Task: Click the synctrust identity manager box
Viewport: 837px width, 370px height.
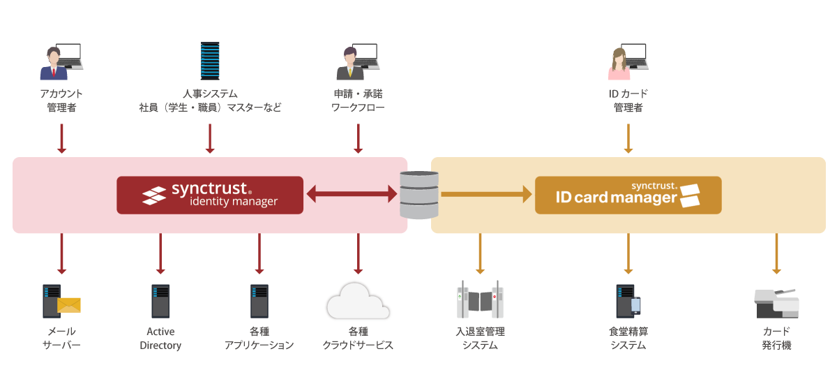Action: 209,195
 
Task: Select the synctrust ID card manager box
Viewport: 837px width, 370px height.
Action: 628,195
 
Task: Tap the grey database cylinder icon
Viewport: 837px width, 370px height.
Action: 419,195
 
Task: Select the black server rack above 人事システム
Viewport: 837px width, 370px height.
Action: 209,61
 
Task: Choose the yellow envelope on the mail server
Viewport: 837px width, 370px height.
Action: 69,305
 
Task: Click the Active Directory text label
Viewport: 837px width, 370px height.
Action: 160,339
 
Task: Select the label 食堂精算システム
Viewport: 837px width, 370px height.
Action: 628,339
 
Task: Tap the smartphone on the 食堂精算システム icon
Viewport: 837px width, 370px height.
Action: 635,306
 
